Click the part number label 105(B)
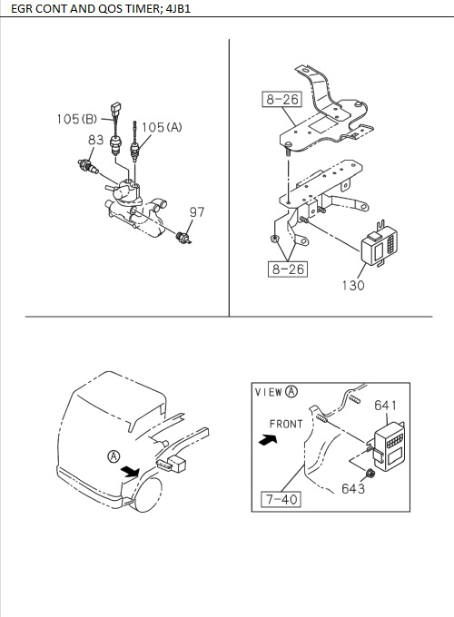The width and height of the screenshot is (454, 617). click(x=77, y=119)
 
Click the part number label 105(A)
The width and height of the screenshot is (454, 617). click(x=162, y=127)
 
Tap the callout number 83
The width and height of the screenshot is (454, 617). click(x=95, y=140)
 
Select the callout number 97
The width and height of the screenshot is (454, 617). click(x=197, y=212)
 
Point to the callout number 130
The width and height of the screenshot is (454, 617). click(x=353, y=285)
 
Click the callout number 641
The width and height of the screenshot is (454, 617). click(x=386, y=406)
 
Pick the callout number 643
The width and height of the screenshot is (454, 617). click(x=353, y=489)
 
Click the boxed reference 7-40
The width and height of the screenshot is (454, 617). click(x=281, y=499)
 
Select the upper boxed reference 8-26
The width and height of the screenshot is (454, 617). click(x=282, y=99)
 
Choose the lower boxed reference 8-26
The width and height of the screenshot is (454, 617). click(x=288, y=269)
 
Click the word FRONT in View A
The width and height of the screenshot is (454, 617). click(x=286, y=424)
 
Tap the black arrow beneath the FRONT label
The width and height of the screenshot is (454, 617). click(x=268, y=439)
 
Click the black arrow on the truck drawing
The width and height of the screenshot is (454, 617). click(x=131, y=471)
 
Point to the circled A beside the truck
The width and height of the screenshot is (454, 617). click(x=113, y=456)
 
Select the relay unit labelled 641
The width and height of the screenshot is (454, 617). click(x=389, y=446)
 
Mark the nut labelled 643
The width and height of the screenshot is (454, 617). click(x=370, y=475)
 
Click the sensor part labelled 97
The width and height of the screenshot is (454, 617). click(x=184, y=238)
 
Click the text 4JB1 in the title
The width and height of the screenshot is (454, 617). click(x=178, y=9)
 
